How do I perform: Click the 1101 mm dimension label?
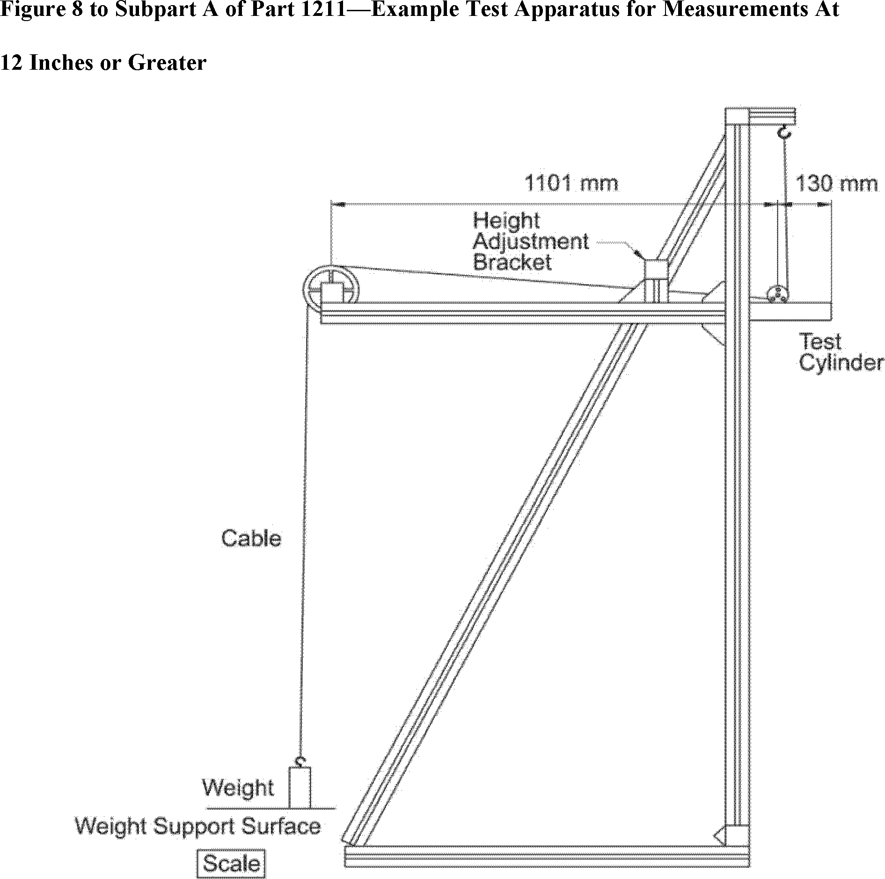pyautogui.click(x=571, y=183)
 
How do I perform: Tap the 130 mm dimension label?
pyautogui.click(x=836, y=183)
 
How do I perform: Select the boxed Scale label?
pyautogui.click(x=231, y=863)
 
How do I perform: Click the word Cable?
pyautogui.click(x=251, y=538)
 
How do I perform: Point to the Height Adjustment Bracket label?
pyautogui.click(x=530, y=242)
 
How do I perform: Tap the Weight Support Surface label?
pyautogui.click(x=198, y=827)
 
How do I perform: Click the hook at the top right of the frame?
pyautogui.click(x=784, y=132)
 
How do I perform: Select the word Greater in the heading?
pyautogui.click(x=167, y=62)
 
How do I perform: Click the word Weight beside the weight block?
pyautogui.click(x=238, y=787)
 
